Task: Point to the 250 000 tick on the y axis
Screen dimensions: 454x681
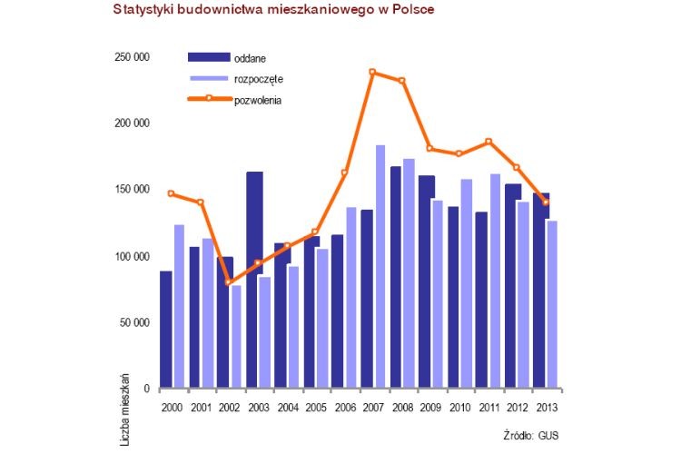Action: tap(129, 57)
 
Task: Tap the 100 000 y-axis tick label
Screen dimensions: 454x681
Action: tap(129, 256)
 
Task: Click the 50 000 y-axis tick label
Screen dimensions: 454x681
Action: tap(132, 322)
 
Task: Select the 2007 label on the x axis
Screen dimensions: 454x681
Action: tap(372, 406)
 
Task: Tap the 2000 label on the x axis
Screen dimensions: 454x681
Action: tap(173, 406)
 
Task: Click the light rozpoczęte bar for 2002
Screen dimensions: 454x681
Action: tap(237, 336)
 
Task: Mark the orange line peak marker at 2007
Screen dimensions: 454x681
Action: tap(372, 72)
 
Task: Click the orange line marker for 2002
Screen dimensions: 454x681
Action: tap(230, 282)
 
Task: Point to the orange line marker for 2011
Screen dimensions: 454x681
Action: tap(488, 142)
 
